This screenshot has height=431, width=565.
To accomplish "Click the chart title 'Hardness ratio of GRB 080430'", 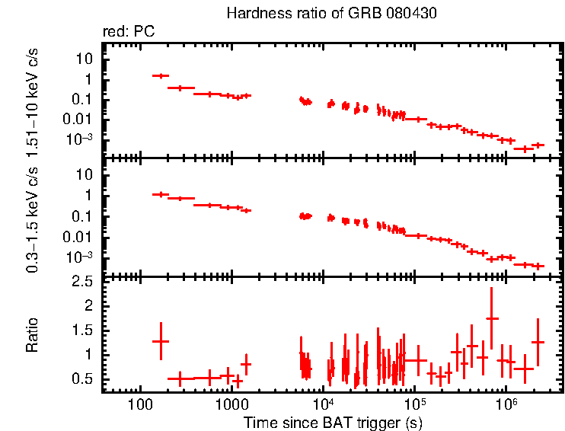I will click(331, 14).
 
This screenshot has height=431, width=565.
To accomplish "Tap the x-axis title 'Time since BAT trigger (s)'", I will click(333, 422).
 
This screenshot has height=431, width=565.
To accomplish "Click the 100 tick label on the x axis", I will click(139, 402).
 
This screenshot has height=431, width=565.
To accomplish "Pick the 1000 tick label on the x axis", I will click(231, 402).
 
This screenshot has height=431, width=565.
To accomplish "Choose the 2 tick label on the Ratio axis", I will click(89, 305).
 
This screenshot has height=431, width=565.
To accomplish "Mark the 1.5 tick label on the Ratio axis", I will click(84, 330).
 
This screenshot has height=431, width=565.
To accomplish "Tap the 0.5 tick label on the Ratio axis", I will click(84, 378).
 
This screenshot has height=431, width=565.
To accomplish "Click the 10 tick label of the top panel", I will click(85, 59).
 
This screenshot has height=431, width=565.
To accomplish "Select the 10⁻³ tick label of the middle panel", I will click(80, 257).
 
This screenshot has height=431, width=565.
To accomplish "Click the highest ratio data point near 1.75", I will click(492, 318).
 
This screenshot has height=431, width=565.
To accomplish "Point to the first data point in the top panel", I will click(160, 75).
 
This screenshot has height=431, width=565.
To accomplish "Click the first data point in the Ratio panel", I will click(160, 340).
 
